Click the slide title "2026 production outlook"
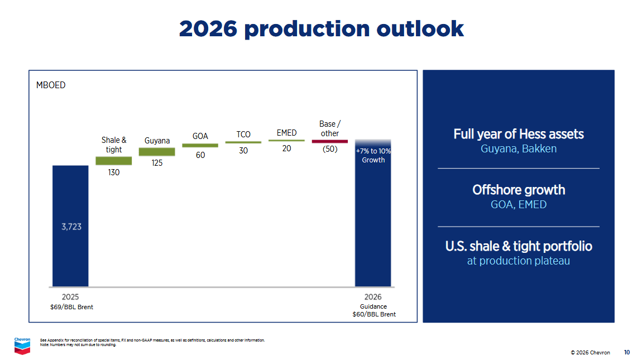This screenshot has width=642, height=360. coord(321,28)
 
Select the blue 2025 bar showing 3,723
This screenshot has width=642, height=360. coord(70,226)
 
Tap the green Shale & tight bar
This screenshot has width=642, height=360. coord(114,161)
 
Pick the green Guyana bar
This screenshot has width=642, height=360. coord(157,152)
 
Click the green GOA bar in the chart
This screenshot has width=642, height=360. coord(200,145)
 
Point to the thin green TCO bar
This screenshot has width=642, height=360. coord(243,142)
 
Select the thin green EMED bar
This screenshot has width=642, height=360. coord(286,141)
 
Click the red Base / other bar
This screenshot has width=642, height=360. coord(329,141)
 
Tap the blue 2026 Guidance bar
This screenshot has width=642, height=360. coord(373,223)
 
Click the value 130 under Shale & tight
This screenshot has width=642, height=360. coord(114,173)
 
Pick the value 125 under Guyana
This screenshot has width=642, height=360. coord(157,163)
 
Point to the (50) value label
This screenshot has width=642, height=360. coord(330,149)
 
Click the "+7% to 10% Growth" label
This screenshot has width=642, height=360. coord(373,156)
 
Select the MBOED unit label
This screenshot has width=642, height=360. coord(51,85)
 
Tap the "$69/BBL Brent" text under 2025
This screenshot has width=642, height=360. coord(71,307)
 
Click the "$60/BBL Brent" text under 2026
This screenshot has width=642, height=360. coord(373,314)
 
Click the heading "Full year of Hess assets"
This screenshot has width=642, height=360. coord(519,135)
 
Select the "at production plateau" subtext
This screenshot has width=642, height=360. coord(519,261)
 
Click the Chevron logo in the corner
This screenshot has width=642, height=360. coord(22,345)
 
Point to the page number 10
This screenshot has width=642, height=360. coord(627,352)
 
